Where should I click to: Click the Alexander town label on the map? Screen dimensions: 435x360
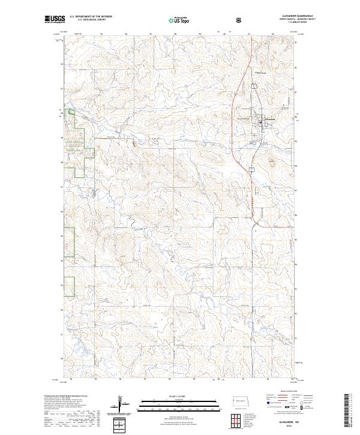[268, 119]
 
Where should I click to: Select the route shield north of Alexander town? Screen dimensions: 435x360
[253, 86]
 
